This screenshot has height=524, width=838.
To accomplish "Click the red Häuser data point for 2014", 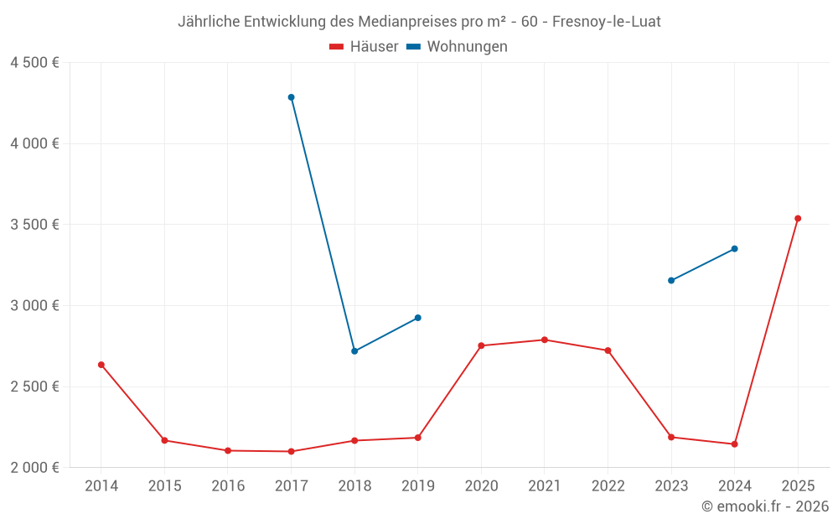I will click(x=101, y=365).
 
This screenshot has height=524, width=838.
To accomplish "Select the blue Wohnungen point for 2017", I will click(x=292, y=97).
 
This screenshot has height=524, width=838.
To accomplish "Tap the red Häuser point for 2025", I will click(x=798, y=219).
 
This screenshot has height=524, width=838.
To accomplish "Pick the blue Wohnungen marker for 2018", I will click(x=354, y=351).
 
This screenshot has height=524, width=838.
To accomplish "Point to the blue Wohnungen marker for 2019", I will click(x=418, y=318).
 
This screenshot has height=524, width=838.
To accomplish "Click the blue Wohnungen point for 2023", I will click(x=671, y=280).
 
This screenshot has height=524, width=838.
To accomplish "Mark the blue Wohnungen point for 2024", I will click(x=735, y=249).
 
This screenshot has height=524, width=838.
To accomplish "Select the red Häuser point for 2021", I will click(x=545, y=340).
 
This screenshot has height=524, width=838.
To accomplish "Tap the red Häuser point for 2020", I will click(x=481, y=345).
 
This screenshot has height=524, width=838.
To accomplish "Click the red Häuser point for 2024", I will click(x=735, y=444).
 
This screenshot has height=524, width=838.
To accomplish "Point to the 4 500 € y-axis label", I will click(x=34, y=63).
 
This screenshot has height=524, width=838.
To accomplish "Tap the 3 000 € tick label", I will click(x=34, y=306).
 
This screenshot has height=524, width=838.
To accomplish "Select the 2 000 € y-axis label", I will click(x=34, y=468).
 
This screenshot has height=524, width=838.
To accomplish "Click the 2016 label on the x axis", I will click(x=228, y=486).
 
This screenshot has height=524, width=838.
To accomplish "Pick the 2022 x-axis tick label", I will click(x=608, y=486).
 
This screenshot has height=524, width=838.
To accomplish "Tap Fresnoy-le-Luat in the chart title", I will click(x=607, y=22).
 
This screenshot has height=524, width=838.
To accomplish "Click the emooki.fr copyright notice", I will click(x=765, y=506).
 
